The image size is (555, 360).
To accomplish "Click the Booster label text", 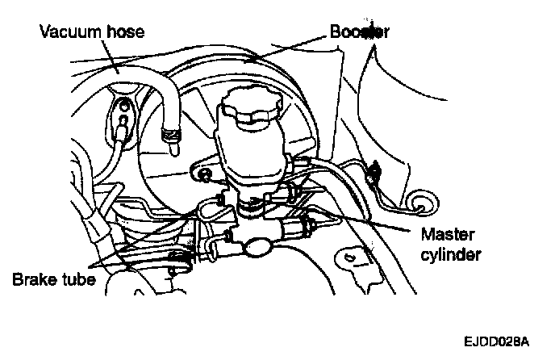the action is pyautogui.click(x=359, y=33).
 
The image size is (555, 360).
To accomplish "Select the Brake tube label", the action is pyautogui.click(x=55, y=280).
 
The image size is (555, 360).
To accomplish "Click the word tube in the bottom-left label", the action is pyautogui.click(x=78, y=280).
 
